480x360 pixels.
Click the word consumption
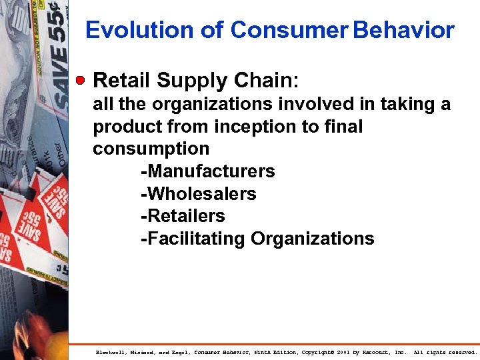[x=151, y=149]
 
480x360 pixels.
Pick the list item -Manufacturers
[x=207, y=171]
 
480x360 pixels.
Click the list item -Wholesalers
[x=198, y=194]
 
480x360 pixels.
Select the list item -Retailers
[x=183, y=216]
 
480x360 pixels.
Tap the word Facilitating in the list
[x=193, y=239]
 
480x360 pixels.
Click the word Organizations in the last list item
[x=313, y=239]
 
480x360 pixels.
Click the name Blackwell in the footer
[x=111, y=352]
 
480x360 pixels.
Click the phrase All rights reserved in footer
[x=445, y=352]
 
